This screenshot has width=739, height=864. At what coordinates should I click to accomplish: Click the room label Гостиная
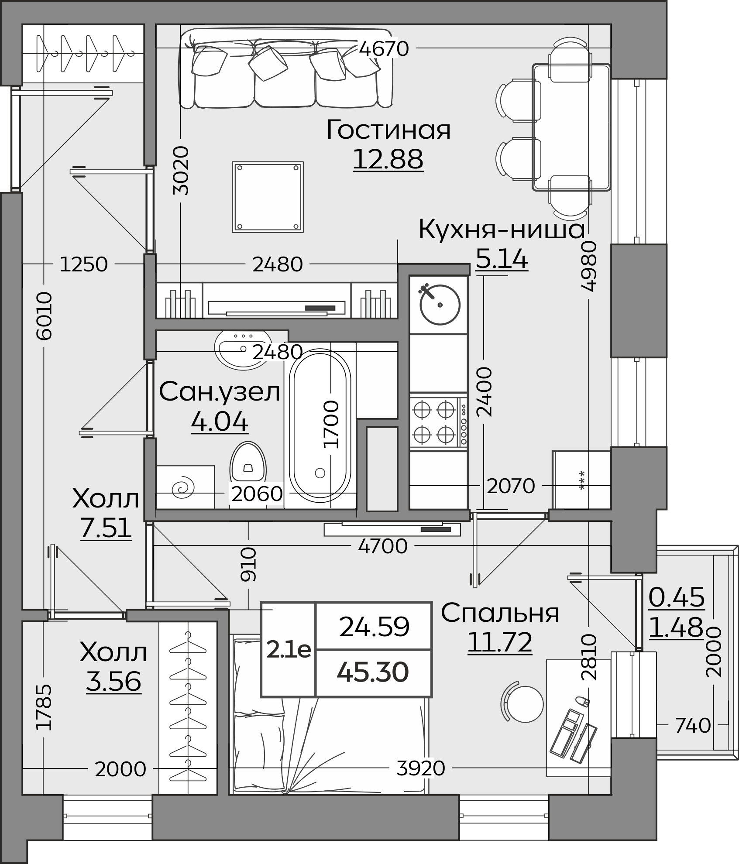coord(388,130)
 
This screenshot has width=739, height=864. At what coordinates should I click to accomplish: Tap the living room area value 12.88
coord(388,159)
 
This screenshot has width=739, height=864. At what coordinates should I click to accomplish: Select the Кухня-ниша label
coord(502,230)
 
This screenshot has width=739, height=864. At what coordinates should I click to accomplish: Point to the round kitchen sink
coord(440,304)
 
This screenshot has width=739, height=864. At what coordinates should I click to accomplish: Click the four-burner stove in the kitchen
coord(439,422)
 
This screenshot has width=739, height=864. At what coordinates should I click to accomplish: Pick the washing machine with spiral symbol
coord(185,487)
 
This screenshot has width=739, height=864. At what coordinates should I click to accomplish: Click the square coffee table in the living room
coord(268,197)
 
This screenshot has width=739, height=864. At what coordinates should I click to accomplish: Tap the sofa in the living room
coord(286,69)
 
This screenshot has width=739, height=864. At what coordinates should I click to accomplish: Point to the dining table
coord(571,127)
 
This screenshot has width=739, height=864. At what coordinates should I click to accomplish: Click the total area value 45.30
coord(373,672)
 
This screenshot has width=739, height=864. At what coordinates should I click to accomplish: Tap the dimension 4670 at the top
coord(384,48)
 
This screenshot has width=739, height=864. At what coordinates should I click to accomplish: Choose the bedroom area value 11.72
coord(500,642)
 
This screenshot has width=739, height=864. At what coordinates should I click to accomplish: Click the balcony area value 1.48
coord(677,627)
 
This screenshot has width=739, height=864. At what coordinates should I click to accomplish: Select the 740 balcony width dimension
coord(693,726)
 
